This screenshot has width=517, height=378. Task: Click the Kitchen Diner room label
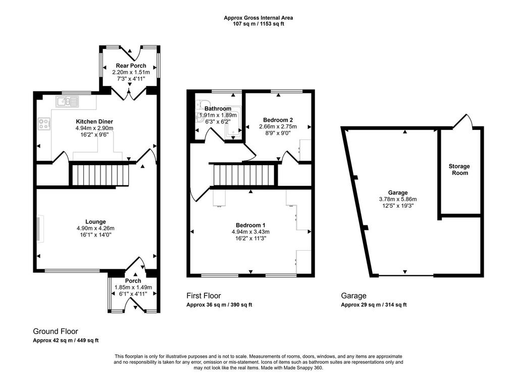point(94,122)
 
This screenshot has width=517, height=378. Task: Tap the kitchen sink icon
point(67,102)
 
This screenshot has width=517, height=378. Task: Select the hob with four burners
point(44,124)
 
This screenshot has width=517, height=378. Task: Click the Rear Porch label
point(131,66)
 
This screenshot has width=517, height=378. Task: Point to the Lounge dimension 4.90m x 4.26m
point(95,228)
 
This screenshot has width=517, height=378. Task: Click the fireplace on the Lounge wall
point(40,228)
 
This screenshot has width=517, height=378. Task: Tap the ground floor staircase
point(98,175)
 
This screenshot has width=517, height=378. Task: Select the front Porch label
point(133,281)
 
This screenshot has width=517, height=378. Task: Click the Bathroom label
point(218,109)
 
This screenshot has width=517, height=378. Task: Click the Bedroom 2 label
point(278,120)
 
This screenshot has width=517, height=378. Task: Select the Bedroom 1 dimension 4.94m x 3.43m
point(250,232)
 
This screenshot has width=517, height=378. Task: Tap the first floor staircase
point(244,176)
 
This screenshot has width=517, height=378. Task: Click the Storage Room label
point(459,169)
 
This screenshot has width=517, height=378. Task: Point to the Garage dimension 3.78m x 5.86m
point(398,199)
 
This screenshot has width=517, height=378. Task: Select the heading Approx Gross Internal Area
point(258,18)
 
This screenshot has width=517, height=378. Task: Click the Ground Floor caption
point(56,331)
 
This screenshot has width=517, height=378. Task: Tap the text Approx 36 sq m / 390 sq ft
point(219,305)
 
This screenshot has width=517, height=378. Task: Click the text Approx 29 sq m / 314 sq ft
point(374,305)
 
